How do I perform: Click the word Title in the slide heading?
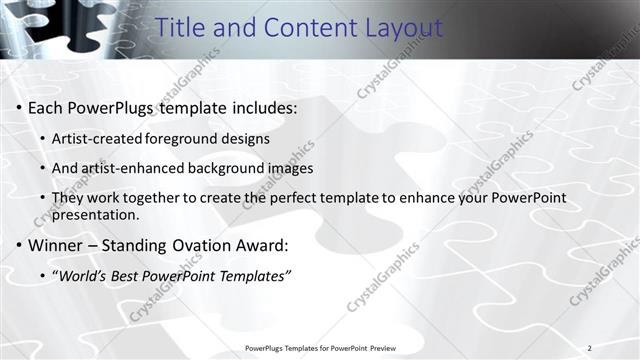click(x=183, y=28)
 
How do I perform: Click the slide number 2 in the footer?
click(x=589, y=348)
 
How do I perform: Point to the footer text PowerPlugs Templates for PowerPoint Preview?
click(x=320, y=348)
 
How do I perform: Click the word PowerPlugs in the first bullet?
click(x=109, y=107)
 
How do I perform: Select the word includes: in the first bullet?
click(x=262, y=107)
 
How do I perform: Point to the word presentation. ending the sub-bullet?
click(x=95, y=214)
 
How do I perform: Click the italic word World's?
click(x=83, y=275)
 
